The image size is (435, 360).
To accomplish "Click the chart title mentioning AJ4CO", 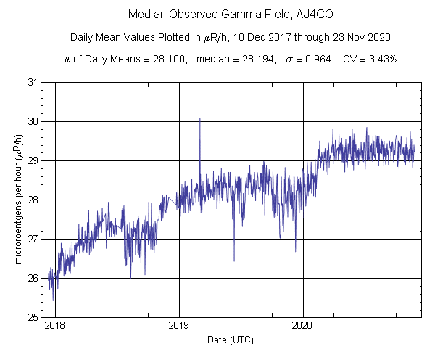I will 217,15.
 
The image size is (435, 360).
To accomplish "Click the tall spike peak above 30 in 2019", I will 200,119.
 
